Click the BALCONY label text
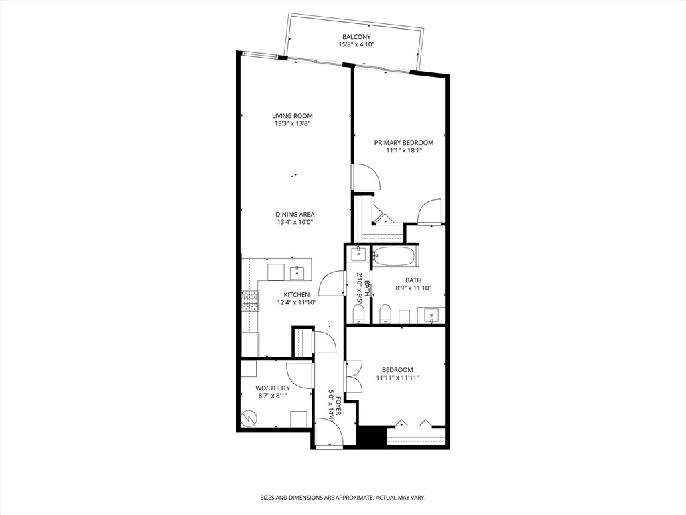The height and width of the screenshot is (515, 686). (357, 37)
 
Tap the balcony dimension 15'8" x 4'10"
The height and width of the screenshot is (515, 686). (356, 45)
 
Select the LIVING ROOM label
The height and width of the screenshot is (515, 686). (292, 115)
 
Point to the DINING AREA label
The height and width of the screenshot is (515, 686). (295, 214)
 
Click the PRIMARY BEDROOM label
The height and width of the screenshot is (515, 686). (403, 142)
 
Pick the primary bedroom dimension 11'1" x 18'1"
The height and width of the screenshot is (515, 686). (403, 150)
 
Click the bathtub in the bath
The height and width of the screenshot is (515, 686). (395, 257)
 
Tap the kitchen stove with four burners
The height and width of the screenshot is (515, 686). (250, 301)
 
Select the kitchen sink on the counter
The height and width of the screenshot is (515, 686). (297, 272)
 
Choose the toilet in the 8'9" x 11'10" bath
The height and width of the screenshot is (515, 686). (385, 314)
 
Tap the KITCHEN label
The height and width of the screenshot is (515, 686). (296, 294)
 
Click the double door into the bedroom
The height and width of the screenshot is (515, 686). (353, 377)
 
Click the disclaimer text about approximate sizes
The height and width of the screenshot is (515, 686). (343, 498)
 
